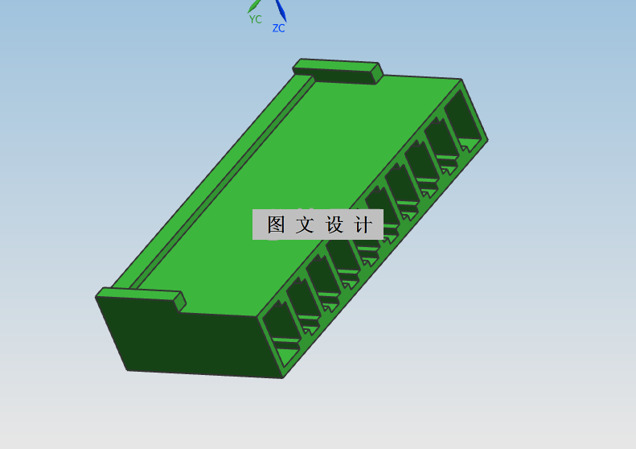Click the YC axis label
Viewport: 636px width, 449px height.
pos(255,19)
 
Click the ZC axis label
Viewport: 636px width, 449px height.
pos(278,28)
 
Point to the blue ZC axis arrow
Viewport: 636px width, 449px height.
pos(281,10)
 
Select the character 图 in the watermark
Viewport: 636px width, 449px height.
pos(277,224)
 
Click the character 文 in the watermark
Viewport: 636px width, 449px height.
pos(305,224)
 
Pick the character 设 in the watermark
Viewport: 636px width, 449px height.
pos(334,224)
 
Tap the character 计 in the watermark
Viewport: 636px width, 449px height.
pos(363,224)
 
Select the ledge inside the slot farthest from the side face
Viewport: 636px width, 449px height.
pos(470,143)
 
